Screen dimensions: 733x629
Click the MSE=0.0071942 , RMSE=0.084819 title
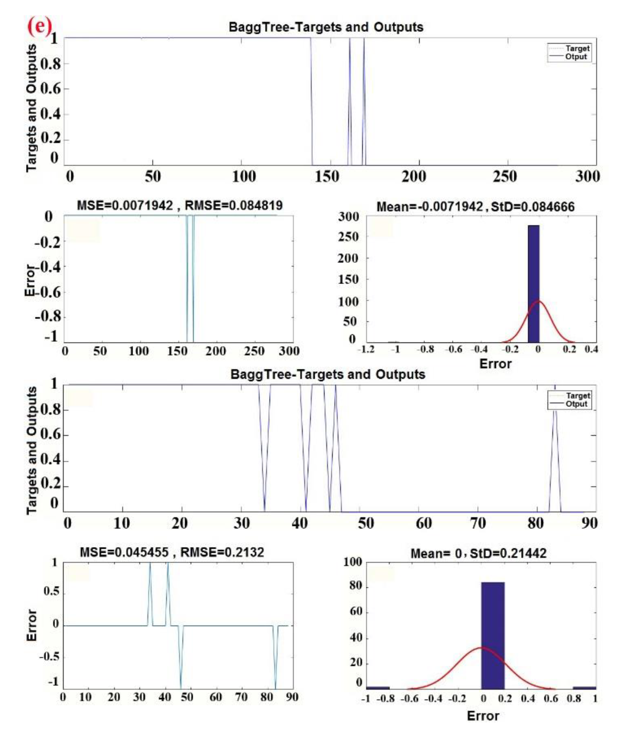(x=180, y=205)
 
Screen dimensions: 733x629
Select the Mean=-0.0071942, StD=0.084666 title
(x=475, y=207)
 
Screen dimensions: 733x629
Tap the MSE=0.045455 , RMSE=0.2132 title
(x=172, y=552)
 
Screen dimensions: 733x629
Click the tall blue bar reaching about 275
(x=533, y=283)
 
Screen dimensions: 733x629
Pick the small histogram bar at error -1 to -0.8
(x=378, y=688)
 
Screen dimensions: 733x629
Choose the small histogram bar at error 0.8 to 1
(x=584, y=688)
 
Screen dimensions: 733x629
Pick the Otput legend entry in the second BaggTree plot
(x=576, y=404)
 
